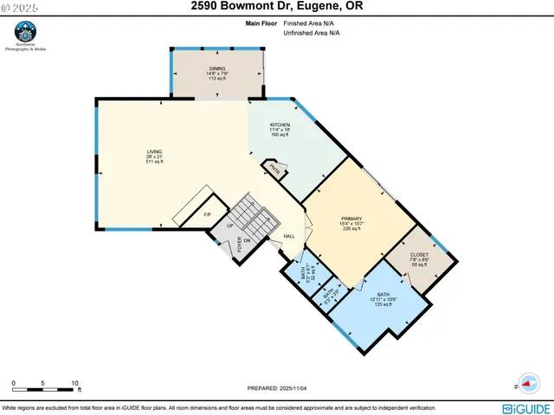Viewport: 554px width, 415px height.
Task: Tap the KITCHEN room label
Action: point(280,124)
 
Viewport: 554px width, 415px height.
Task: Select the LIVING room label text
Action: point(154,152)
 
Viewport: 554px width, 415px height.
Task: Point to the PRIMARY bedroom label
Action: point(351,219)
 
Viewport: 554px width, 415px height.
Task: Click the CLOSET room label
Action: point(419,255)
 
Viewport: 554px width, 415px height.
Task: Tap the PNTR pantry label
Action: point(273,169)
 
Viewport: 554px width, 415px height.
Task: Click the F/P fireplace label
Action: point(208,214)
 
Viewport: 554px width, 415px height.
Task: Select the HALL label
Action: point(289,237)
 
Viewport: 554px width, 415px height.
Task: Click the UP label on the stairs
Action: point(229,226)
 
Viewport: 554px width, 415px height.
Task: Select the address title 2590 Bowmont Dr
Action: point(276,8)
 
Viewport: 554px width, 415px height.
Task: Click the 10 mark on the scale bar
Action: point(75,382)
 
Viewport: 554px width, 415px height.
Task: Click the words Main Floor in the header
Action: point(250,24)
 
